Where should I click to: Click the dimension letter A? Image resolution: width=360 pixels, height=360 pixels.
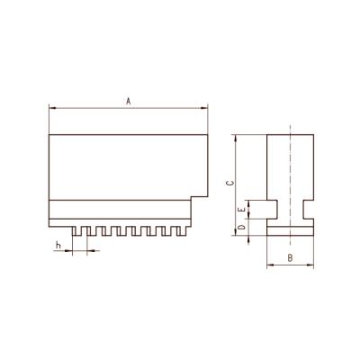pyautogui.click(x=129, y=101)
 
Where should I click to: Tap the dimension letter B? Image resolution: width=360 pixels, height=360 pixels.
pyautogui.click(x=289, y=258)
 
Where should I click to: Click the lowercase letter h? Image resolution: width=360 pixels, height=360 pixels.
pyautogui.click(x=57, y=245)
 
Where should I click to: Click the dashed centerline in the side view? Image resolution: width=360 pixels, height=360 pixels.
pyautogui.click(x=291, y=180)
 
